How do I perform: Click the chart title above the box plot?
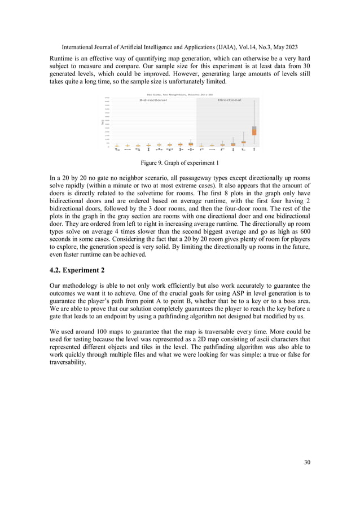[x=179, y=94]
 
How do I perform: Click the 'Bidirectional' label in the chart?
[x=153, y=100]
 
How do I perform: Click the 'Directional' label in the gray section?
[x=229, y=100]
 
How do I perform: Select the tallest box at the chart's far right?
[x=254, y=130]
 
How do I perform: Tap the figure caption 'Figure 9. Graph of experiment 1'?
[x=179, y=163]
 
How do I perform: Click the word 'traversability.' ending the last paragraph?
[x=68, y=362]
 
